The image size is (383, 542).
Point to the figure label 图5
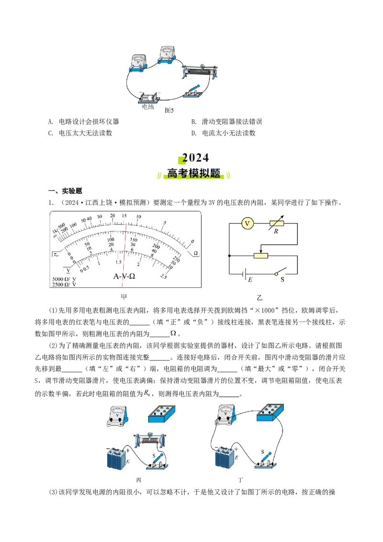click(169, 110)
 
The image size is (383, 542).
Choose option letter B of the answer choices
click(193, 122)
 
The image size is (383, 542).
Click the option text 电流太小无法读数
click(229, 133)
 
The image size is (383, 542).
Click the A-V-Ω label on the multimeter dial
click(124, 276)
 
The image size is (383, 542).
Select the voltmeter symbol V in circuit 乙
click(247, 224)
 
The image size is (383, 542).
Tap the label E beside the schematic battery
click(250, 279)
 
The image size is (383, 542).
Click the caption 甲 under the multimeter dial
click(124, 296)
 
